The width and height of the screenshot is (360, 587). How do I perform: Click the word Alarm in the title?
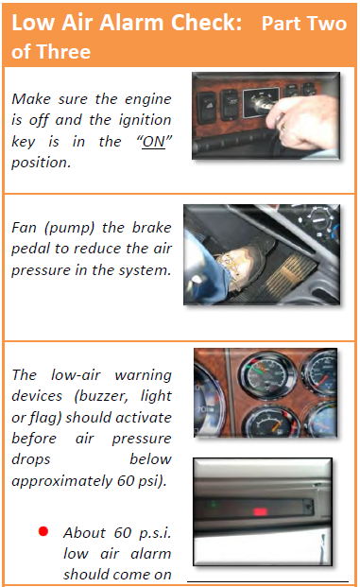132,23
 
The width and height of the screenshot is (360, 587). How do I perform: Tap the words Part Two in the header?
304,24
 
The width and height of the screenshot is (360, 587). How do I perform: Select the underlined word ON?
153,142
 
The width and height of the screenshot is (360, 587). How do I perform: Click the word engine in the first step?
147,99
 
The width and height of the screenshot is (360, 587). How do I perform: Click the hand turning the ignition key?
303,120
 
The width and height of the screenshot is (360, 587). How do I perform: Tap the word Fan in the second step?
24,228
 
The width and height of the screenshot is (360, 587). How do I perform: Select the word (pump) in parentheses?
69,228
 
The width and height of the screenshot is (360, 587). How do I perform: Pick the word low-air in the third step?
76,374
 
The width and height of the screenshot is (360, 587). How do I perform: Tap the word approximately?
61,481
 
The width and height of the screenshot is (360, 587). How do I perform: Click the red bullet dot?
43,531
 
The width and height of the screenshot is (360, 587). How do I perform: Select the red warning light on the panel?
261,511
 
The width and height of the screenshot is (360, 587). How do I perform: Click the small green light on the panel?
214,504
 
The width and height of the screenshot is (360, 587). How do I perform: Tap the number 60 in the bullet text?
123,533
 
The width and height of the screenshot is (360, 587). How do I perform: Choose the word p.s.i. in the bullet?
155,533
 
